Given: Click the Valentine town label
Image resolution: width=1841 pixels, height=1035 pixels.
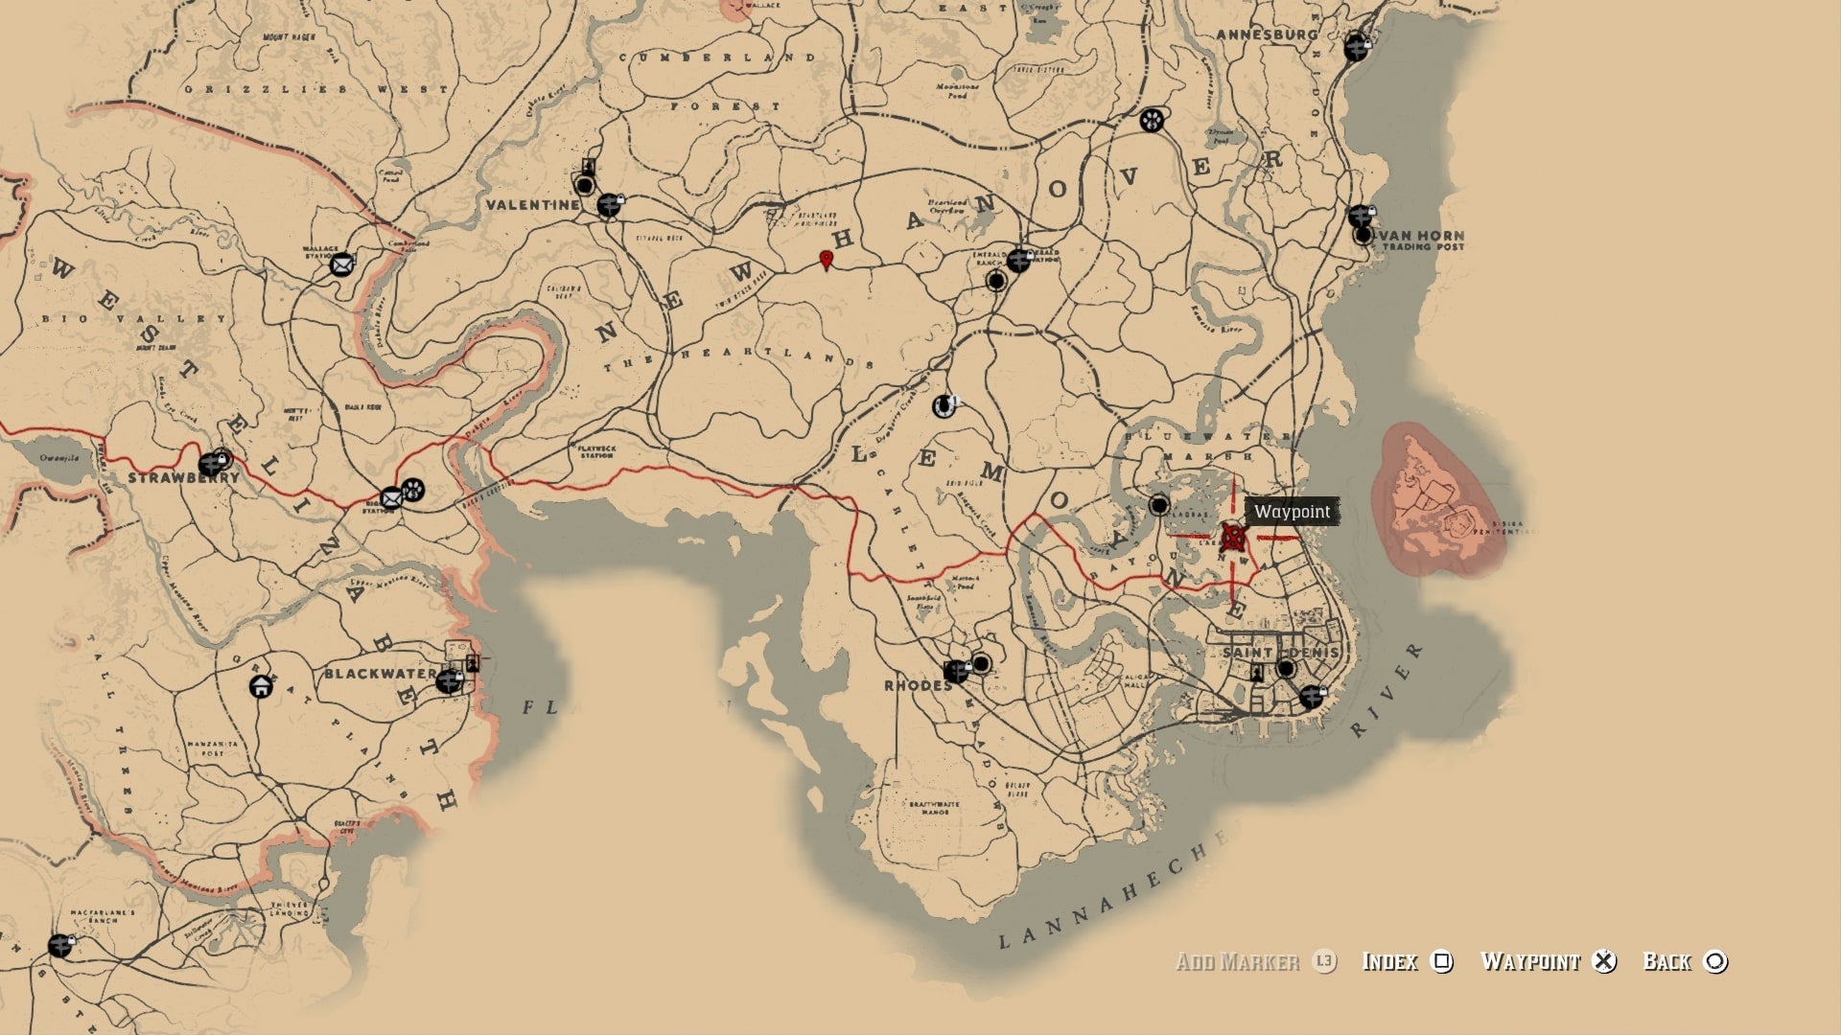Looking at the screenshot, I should (x=532, y=205).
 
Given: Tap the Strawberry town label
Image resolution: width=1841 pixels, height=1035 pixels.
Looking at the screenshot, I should (x=183, y=477).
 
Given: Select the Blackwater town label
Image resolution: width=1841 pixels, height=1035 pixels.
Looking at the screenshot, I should (x=380, y=674).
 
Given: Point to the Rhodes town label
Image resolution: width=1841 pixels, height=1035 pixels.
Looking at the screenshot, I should (x=918, y=685).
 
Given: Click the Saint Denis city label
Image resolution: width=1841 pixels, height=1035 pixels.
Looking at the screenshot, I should (x=1280, y=653).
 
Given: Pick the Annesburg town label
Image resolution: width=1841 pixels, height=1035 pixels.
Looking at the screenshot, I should (x=1266, y=34).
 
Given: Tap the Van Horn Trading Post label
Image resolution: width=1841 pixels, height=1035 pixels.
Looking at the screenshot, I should (x=1422, y=241).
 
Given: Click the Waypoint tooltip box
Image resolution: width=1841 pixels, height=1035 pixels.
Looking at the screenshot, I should (x=1292, y=512).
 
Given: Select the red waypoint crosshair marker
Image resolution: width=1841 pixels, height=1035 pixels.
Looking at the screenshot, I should (x=1233, y=537).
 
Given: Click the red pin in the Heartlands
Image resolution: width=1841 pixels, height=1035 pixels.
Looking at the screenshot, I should (x=826, y=260).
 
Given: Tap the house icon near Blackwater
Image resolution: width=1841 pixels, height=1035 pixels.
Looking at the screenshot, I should (x=260, y=686).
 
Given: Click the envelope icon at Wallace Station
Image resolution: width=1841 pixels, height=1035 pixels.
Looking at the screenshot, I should (x=342, y=264).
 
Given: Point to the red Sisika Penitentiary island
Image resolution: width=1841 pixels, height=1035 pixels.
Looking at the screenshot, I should (x=1435, y=501).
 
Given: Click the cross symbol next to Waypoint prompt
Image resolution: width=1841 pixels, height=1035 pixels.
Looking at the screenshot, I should (x=1604, y=961).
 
